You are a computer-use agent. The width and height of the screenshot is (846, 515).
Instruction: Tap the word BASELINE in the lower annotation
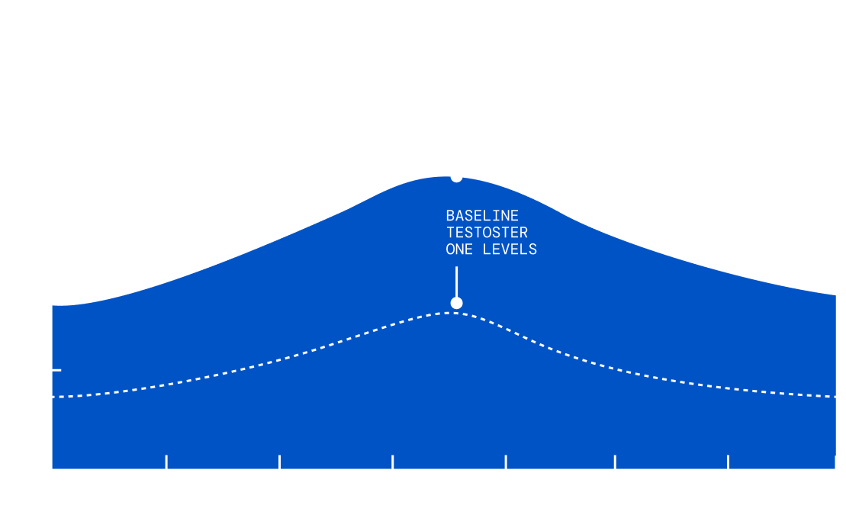(x=482, y=216)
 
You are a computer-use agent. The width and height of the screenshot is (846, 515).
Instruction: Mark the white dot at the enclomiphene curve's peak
(x=456, y=176)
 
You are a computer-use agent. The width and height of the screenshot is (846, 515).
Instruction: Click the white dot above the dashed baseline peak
(x=456, y=303)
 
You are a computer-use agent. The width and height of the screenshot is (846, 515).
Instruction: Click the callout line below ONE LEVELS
(x=456, y=281)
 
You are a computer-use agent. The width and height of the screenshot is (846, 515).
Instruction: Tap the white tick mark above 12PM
(x=506, y=462)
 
